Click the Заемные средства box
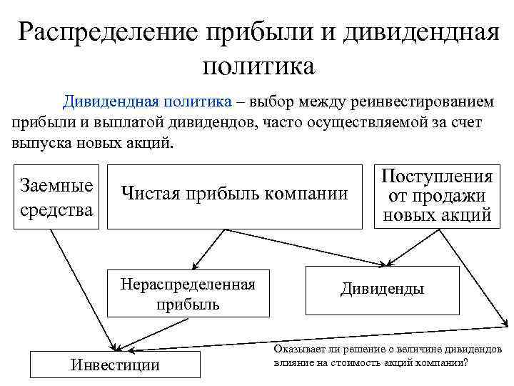pos(57,197)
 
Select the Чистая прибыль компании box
pos(236,193)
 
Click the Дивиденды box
pos(382,289)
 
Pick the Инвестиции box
pos(116,365)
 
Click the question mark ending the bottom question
pos(465,362)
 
